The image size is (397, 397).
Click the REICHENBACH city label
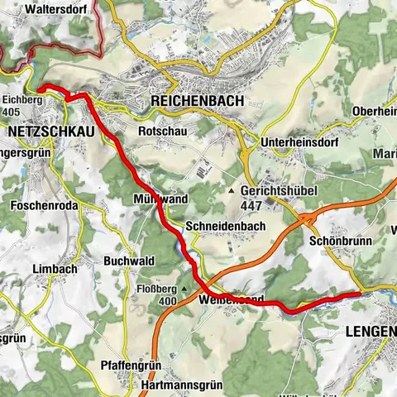[x=197, y=100]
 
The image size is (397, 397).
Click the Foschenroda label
[x=40, y=204]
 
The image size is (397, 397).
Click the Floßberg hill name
[x=155, y=289]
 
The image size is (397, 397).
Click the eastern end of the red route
[x=358, y=294]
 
